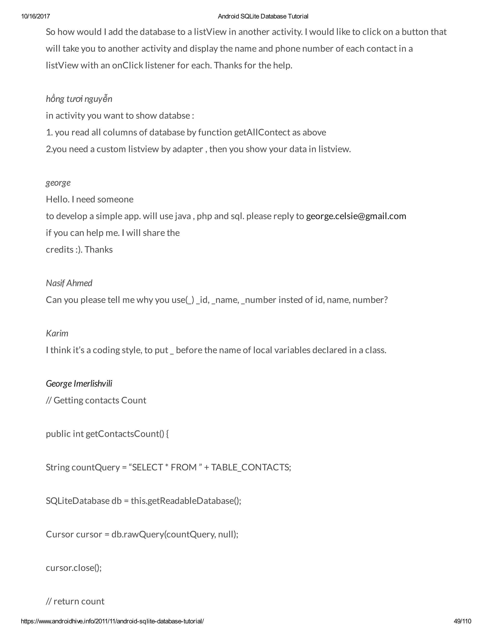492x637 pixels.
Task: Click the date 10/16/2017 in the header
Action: tap(35, 16)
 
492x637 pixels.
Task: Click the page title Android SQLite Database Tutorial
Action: tap(263, 16)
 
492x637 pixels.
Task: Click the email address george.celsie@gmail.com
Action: tap(356, 216)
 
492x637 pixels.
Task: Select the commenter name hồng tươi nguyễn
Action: tap(79, 99)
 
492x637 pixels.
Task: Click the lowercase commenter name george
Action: tap(58, 183)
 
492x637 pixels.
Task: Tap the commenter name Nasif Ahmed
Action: tap(69, 283)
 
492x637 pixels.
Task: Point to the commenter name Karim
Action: tap(57, 333)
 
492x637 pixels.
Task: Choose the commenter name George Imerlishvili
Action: tap(79, 384)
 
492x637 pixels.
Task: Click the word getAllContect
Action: tap(262, 132)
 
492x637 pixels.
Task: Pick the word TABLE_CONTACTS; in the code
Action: tap(251, 467)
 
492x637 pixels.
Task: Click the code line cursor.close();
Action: tap(74, 568)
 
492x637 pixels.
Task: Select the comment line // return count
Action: tap(75, 601)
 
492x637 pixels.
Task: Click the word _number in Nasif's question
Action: tap(258, 300)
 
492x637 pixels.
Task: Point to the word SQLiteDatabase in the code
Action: tap(78, 501)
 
